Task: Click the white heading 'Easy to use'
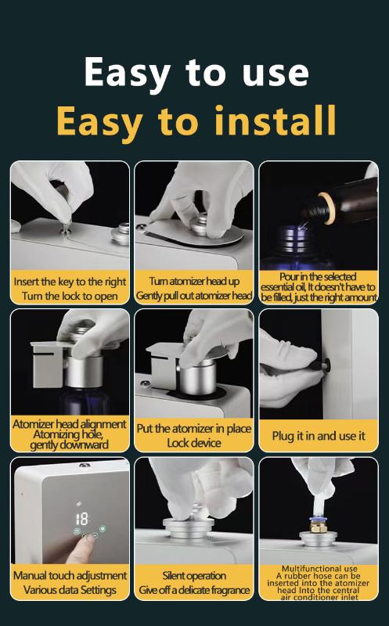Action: [x=196, y=73]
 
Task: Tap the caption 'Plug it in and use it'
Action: [x=319, y=436]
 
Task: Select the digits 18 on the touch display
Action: [x=81, y=519]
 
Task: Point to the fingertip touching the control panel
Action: [x=88, y=538]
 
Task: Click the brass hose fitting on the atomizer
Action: [x=319, y=526]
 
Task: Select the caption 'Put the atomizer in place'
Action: [x=193, y=428]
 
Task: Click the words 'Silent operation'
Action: [x=194, y=575]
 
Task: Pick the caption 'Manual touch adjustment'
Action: [x=70, y=575]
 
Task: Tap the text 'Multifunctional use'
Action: [x=319, y=568]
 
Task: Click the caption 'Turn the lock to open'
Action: [x=70, y=297]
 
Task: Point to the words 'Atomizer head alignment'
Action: [x=70, y=424]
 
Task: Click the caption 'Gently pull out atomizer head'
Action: [x=194, y=296]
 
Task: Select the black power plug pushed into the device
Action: [x=322, y=365]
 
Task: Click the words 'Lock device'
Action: [x=194, y=443]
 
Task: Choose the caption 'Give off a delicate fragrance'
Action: [x=194, y=590]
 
